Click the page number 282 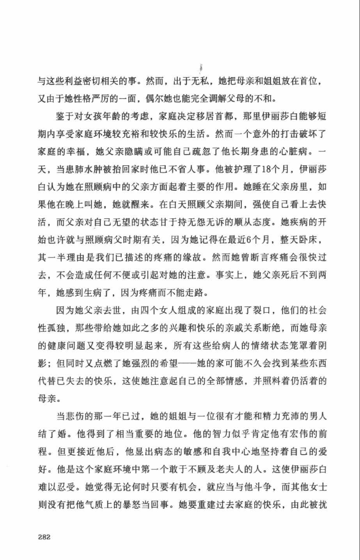tap(44, 537)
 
